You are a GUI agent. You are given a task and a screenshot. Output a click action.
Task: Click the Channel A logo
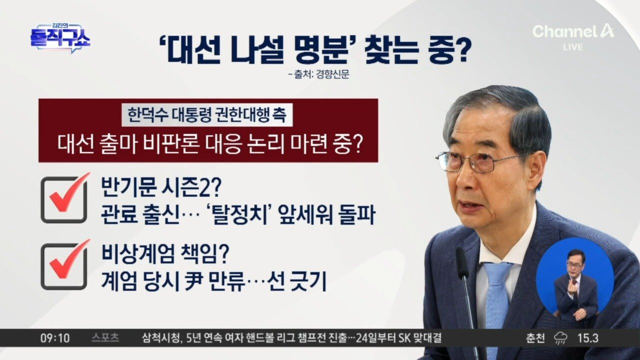(x=573, y=31)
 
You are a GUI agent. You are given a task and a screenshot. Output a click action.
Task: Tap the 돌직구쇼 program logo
(x=60, y=38)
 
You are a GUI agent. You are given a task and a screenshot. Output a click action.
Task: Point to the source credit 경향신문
(x=332, y=74)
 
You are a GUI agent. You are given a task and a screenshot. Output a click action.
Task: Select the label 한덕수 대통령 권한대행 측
(x=207, y=114)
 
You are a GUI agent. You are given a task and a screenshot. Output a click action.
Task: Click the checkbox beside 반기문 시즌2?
(x=64, y=199)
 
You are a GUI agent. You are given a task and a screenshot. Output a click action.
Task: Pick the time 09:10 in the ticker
(x=55, y=338)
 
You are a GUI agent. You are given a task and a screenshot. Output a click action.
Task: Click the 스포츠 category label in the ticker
(x=105, y=338)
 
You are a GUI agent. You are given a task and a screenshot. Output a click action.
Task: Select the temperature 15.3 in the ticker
(x=588, y=338)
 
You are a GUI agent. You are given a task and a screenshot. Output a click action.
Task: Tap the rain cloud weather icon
(x=561, y=338)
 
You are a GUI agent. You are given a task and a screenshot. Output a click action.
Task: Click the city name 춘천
(x=535, y=338)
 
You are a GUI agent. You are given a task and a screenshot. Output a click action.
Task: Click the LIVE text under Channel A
(x=573, y=47)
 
